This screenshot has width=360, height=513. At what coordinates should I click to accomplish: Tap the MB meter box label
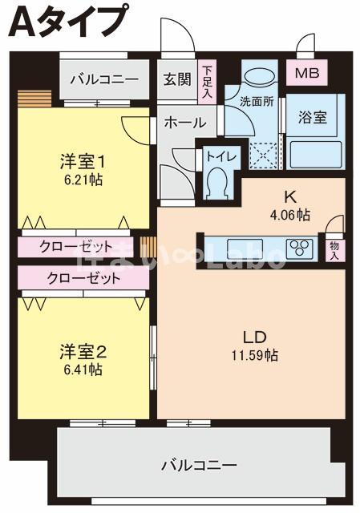[x=306, y=73]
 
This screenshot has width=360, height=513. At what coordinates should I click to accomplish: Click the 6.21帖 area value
[x=82, y=180]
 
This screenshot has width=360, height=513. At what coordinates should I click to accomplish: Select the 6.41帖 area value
[x=83, y=370]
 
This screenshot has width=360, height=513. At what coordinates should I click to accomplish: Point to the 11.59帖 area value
[x=255, y=355]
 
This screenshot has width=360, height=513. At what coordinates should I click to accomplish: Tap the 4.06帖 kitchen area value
[x=290, y=215]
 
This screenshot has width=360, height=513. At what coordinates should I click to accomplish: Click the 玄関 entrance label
[x=177, y=79]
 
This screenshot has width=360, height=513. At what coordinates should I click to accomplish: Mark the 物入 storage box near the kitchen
[x=335, y=250]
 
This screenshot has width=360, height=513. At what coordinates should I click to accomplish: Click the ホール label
[x=185, y=123]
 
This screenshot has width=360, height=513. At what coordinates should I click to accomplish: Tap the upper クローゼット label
[x=76, y=246]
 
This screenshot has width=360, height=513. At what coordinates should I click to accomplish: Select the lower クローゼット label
[x=83, y=278]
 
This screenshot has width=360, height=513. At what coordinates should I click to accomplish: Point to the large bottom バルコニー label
[x=198, y=465]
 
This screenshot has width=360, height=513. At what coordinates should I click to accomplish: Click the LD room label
[x=255, y=337]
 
